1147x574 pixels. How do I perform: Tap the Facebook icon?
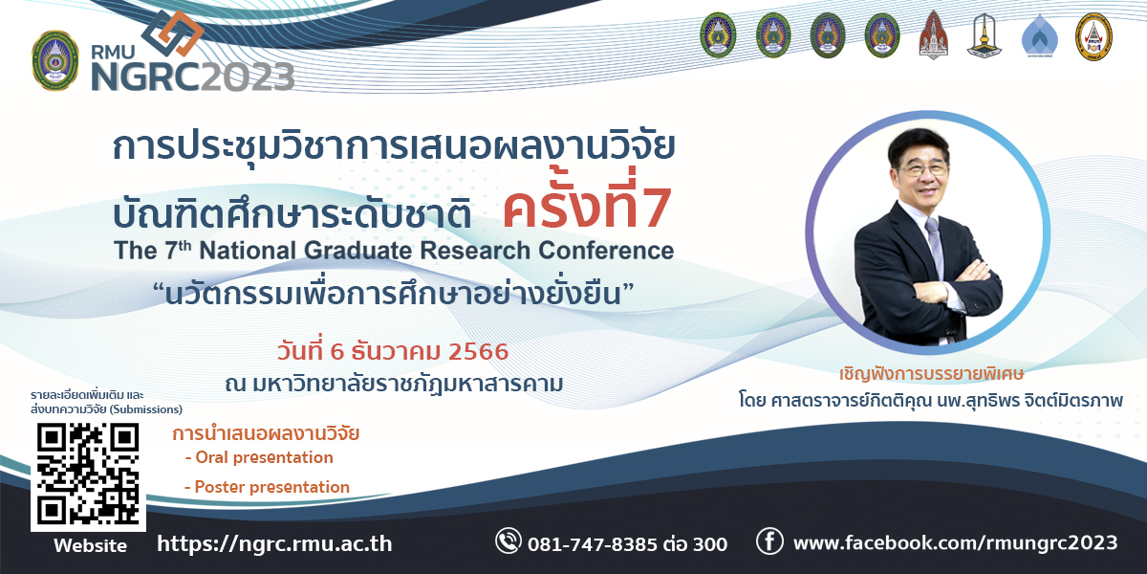[x=769, y=541]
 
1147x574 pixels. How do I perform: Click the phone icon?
[x=508, y=541]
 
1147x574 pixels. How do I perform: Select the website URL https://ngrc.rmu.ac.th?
[x=274, y=543]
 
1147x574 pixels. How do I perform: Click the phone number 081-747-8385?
[x=593, y=544]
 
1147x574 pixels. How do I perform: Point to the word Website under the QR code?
[x=90, y=545]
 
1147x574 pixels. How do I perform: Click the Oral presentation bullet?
[x=259, y=457]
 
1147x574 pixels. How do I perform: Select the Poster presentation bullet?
[x=267, y=487]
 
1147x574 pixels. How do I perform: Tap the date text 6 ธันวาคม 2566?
[x=420, y=352]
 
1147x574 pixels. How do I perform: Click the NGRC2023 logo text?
[x=192, y=77]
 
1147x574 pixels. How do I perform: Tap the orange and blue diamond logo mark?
[x=173, y=33]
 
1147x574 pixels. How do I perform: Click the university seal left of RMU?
[x=55, y=60]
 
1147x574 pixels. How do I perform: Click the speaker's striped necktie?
[x=935, y=246]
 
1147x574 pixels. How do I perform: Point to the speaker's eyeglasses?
[x=923, y=169]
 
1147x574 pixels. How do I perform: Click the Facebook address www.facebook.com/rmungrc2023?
[x=956, y=542]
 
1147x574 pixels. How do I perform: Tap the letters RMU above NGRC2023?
[x=113, y=52]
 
